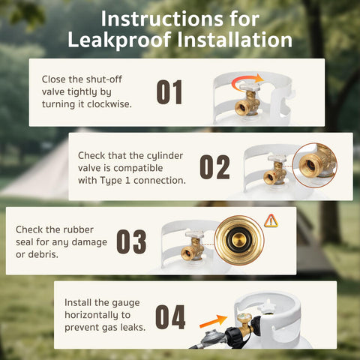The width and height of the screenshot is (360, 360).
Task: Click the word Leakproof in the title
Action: [x=119, y=40]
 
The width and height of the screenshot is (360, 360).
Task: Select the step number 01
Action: [x=169, y=92]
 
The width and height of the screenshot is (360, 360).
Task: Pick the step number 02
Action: [x=214, y=166]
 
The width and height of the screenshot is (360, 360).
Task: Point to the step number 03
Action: [x=131, y=241]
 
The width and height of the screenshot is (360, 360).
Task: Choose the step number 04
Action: [x=170, y=316]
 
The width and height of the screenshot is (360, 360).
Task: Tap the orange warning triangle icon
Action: [x=271, y=220]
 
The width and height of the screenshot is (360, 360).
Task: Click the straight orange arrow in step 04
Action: [x=214, y=321]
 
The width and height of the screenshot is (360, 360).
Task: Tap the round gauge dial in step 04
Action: [x=242, y=319]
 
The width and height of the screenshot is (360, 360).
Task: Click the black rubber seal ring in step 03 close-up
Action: [x=239, y=240]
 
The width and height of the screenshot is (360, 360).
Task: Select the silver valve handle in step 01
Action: [x=249, y=87]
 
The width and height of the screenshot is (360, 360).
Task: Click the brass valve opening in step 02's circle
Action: [x=310, y=165]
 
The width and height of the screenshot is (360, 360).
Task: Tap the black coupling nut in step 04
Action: [x=234, y=336]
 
